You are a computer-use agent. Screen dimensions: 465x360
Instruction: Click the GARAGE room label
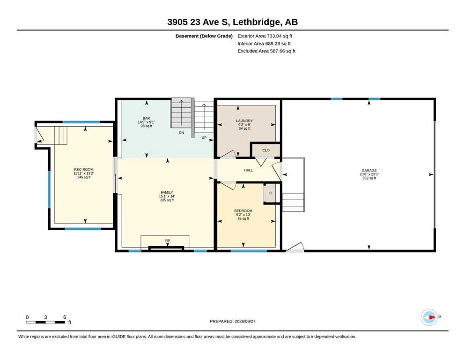369,171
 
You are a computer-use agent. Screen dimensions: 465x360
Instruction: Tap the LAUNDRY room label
244,121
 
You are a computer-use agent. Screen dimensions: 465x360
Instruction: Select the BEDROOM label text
243,211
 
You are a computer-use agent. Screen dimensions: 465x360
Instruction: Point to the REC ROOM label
84,170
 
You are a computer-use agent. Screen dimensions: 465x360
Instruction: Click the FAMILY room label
167,192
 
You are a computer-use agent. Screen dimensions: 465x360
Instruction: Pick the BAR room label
146,118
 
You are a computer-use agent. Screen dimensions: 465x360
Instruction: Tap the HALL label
249,170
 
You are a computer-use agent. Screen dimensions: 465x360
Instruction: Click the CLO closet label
266,150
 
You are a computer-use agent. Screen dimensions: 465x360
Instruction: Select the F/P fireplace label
168,240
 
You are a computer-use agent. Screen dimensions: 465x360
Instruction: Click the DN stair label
181,133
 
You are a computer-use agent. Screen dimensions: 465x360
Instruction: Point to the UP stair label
204,138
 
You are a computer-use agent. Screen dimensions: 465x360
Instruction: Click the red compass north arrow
432,317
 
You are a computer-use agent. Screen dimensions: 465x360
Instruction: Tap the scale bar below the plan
46,322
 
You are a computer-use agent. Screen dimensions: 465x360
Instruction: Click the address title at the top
232,22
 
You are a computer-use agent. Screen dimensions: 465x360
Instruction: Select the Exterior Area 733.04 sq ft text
265,36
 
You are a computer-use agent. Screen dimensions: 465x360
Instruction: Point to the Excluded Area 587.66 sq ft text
266,51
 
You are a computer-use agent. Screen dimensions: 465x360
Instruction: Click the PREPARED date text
232,321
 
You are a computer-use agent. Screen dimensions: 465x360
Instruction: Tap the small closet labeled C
271,193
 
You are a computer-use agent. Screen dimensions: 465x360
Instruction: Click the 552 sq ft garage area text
369,178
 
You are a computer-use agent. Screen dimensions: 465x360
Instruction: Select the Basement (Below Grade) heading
204,36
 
